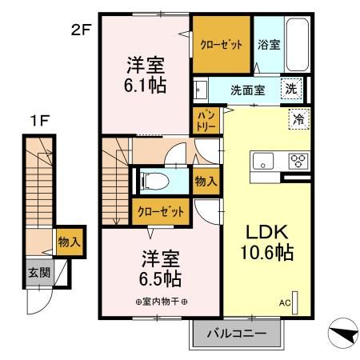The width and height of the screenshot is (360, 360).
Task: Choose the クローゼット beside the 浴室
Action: click(221, 45)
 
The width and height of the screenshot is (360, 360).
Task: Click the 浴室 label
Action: click(267, 46)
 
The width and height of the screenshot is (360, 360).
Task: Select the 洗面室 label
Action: click(248, 90)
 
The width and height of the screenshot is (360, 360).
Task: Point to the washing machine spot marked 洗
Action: click(294, 89)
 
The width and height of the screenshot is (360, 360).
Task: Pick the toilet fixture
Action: click(152, 181)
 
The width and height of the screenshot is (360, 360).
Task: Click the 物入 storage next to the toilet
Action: click(206, 181)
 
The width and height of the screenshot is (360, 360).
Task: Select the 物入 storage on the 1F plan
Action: click(66, 241)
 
